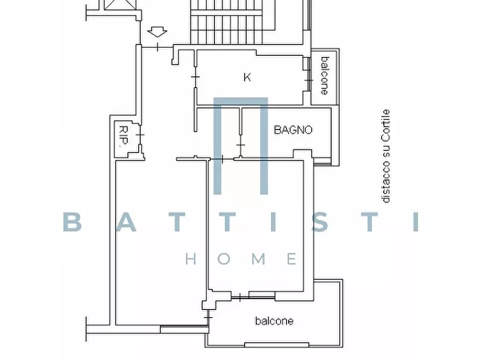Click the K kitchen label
(247, 77)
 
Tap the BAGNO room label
(293, 130)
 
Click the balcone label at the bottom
(274, 321)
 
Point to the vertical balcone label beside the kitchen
(325, 76)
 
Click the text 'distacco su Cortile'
(386, 156)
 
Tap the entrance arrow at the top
(157, 32)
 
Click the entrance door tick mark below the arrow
(157, 47)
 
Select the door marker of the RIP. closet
(140, 135)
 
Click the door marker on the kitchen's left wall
(195, 77)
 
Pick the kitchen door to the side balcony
(309, 80)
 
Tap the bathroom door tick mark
(241, 145)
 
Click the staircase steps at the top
(226, 21)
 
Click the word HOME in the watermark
(241, 259)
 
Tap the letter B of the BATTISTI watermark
(73, 222)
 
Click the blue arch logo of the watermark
(241, 146)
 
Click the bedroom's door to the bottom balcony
(240, 297)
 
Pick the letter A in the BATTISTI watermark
(126, 222)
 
